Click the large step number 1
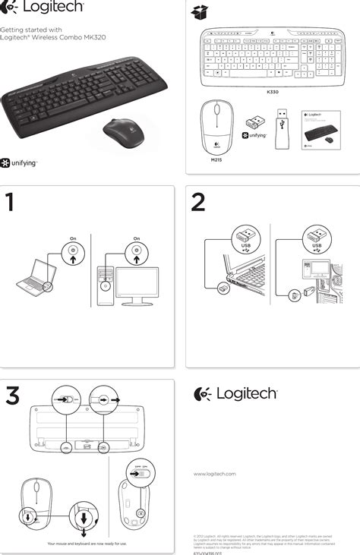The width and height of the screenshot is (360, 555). pos(10,203)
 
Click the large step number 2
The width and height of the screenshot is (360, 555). pos(198,203)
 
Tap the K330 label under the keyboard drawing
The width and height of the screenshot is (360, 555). pos(273,92)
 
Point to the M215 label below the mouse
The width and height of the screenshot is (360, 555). pos(215,160)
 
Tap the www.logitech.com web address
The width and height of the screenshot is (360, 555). pos(215,474)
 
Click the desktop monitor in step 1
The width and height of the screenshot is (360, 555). pos(136,285)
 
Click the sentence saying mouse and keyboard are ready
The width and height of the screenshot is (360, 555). pos(87,544)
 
